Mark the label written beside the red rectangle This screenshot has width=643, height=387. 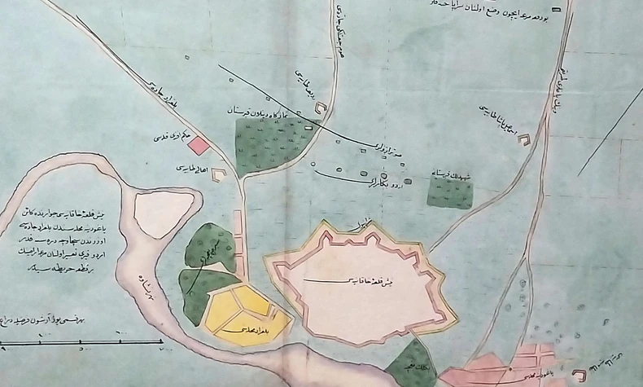(170, 139)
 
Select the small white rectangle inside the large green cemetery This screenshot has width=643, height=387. (309, 126)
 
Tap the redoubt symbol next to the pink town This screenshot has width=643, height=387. (580, 376)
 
